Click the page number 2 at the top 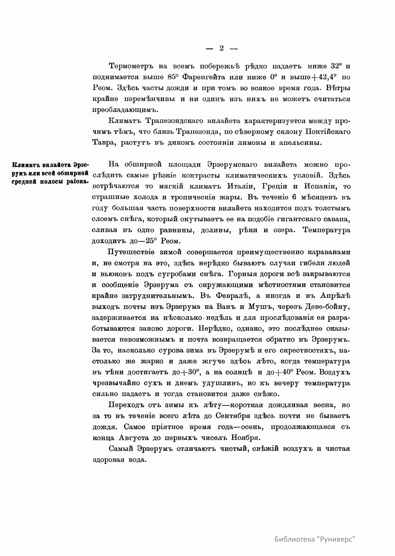pos(221,48)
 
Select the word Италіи pos(241,186)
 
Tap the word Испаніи pos(318,186)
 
